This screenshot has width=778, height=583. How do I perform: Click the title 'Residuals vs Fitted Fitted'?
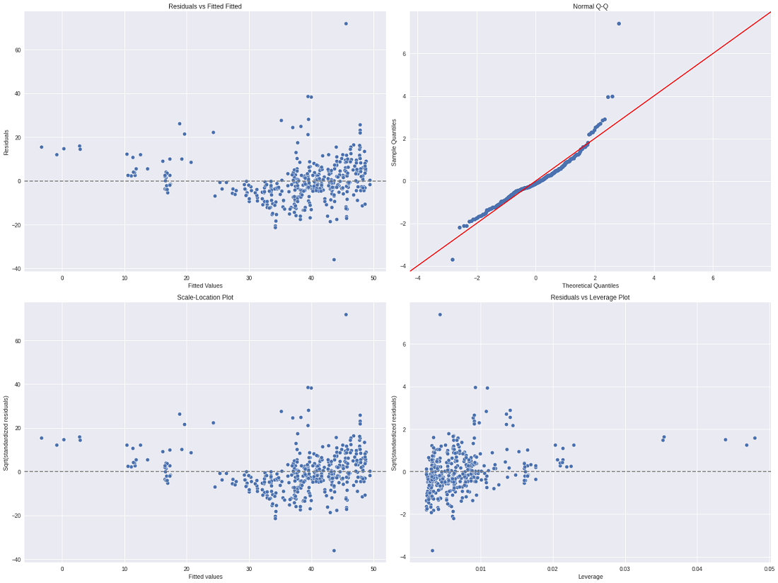click(205, 6)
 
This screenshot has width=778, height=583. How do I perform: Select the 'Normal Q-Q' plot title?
click(590, 6)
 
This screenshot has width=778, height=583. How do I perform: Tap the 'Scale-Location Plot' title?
click(205, 297)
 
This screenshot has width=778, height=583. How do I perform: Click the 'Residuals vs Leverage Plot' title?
click(590, 297)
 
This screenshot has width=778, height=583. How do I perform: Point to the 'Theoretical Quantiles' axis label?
click(590, 286)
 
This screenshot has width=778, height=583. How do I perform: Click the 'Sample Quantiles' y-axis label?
click(395, 141)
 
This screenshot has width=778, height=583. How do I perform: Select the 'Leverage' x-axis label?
click(590, 577)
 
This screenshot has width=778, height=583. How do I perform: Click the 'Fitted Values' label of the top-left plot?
click(205, 286)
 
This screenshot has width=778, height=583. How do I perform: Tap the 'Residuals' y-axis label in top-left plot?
click(6, 141)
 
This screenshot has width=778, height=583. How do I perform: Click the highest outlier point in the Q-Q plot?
click(619, 23)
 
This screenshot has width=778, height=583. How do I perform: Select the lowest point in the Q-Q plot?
click(453, 260)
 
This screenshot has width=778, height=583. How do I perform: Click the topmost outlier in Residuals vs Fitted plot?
click(346, 23)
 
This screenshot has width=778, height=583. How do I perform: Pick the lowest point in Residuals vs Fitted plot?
click(334, 260)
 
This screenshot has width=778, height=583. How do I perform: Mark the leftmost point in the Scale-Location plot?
click(41, 438)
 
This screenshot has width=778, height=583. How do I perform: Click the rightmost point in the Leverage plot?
click(755, 438)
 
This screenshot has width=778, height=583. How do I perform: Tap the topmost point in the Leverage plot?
click(440, 314)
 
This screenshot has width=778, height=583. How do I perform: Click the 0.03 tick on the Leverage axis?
click(625, 568)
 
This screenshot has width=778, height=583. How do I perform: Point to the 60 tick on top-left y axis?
click(16, 50)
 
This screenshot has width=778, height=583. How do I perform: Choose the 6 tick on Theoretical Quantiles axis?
click(713, 277)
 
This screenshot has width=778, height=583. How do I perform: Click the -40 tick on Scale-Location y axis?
click(15, 560)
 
